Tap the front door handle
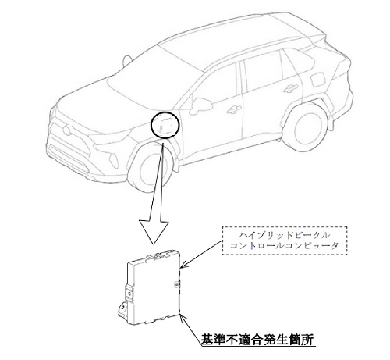click(233, 110)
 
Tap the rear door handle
click(290, 88)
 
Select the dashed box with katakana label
click(285, 241)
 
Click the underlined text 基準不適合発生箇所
click(257, 340)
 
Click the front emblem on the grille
click(66, 130)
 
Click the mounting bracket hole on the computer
click(122, 307)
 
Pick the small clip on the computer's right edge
click(177, 284)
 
